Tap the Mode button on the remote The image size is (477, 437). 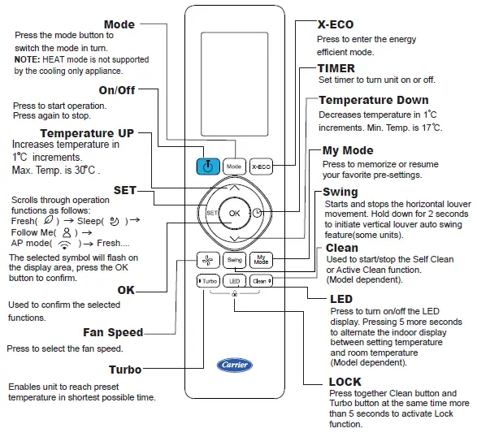[x=235, y=166]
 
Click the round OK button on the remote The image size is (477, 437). [x=235, y=212]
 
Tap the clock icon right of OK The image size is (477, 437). [x=258, y=213]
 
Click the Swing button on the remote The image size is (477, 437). [x=235, y=260]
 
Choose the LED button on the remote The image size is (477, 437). [x=235, y=281]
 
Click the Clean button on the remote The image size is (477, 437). [x=260, y=281]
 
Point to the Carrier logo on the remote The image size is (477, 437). [x=235, y=365]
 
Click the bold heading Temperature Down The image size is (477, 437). [x=373, y=101]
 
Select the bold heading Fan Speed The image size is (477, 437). [x=113, y=332]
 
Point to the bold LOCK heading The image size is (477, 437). [x=345, y=382]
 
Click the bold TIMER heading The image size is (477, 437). [x=336, y=69]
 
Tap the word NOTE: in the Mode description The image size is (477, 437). [x=28, y=59]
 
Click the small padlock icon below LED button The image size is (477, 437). [x=235, y=293]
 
